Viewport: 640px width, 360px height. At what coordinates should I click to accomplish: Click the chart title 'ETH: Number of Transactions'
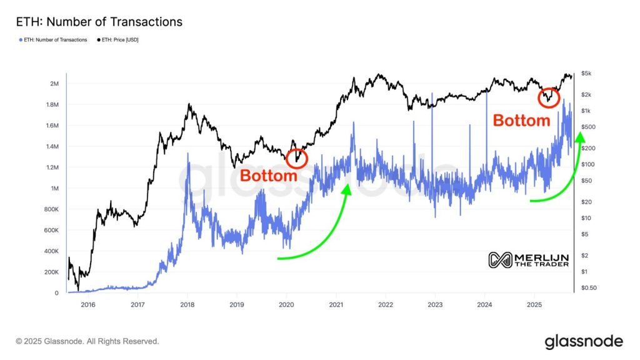point(98,22)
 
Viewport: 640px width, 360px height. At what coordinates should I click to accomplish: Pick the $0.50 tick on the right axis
point(589,288)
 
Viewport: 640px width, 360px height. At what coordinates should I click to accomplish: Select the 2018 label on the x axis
point(187,305)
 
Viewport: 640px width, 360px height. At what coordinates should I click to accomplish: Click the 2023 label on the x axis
point(435,305)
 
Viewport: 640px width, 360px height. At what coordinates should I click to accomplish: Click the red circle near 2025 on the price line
point(549,97)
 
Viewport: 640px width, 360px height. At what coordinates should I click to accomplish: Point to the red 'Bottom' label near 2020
point(269,176)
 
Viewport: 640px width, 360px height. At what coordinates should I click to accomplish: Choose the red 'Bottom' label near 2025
point(522,121)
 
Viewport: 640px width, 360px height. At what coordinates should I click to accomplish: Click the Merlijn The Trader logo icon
point(499,260)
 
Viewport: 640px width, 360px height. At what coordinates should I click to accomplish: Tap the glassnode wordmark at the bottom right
point(584,341)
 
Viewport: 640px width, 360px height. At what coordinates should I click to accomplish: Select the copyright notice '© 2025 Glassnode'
point(87,341)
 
